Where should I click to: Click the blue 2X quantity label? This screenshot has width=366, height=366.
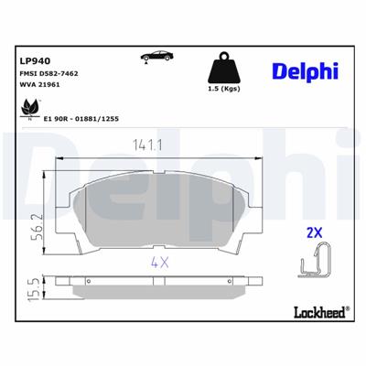(315, 234)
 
